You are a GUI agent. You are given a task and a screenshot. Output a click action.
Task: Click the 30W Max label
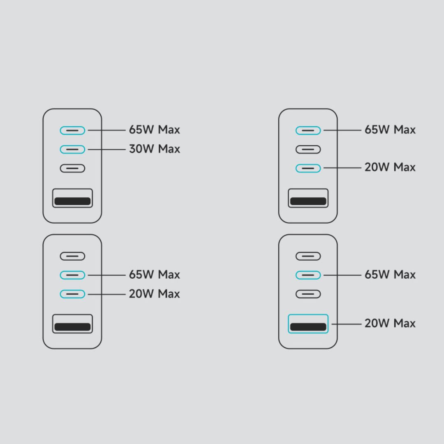154,149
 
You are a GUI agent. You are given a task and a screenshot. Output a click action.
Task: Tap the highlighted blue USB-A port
308,324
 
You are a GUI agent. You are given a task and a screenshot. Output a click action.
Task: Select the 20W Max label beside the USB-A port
390,324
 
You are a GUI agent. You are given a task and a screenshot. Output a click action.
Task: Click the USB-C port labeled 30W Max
72,149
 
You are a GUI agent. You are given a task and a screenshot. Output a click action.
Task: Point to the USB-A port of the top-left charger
72,198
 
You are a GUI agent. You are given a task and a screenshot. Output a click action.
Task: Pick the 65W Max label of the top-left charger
154,130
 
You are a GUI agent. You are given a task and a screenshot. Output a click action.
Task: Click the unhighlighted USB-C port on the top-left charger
72,168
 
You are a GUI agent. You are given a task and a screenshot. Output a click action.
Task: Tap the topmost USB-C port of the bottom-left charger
72,256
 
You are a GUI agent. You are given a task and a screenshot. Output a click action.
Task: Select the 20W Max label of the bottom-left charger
154,294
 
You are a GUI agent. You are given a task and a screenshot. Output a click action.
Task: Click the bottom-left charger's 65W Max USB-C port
72,275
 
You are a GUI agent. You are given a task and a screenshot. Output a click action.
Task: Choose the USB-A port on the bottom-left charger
72,324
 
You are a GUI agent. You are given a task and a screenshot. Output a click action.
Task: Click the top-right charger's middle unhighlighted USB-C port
308,149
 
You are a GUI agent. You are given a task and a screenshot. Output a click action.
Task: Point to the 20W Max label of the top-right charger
390,167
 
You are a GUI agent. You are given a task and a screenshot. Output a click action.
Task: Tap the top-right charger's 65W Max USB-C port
308,130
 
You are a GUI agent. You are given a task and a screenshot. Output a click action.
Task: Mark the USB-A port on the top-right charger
308,198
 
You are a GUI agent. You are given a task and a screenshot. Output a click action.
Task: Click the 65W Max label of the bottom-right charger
390,275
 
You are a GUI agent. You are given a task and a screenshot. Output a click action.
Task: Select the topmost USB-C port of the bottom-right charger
308,256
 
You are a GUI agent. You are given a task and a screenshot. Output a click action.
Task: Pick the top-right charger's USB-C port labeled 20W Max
308,168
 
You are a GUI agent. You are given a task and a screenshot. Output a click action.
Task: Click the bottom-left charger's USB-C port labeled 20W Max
72,294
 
